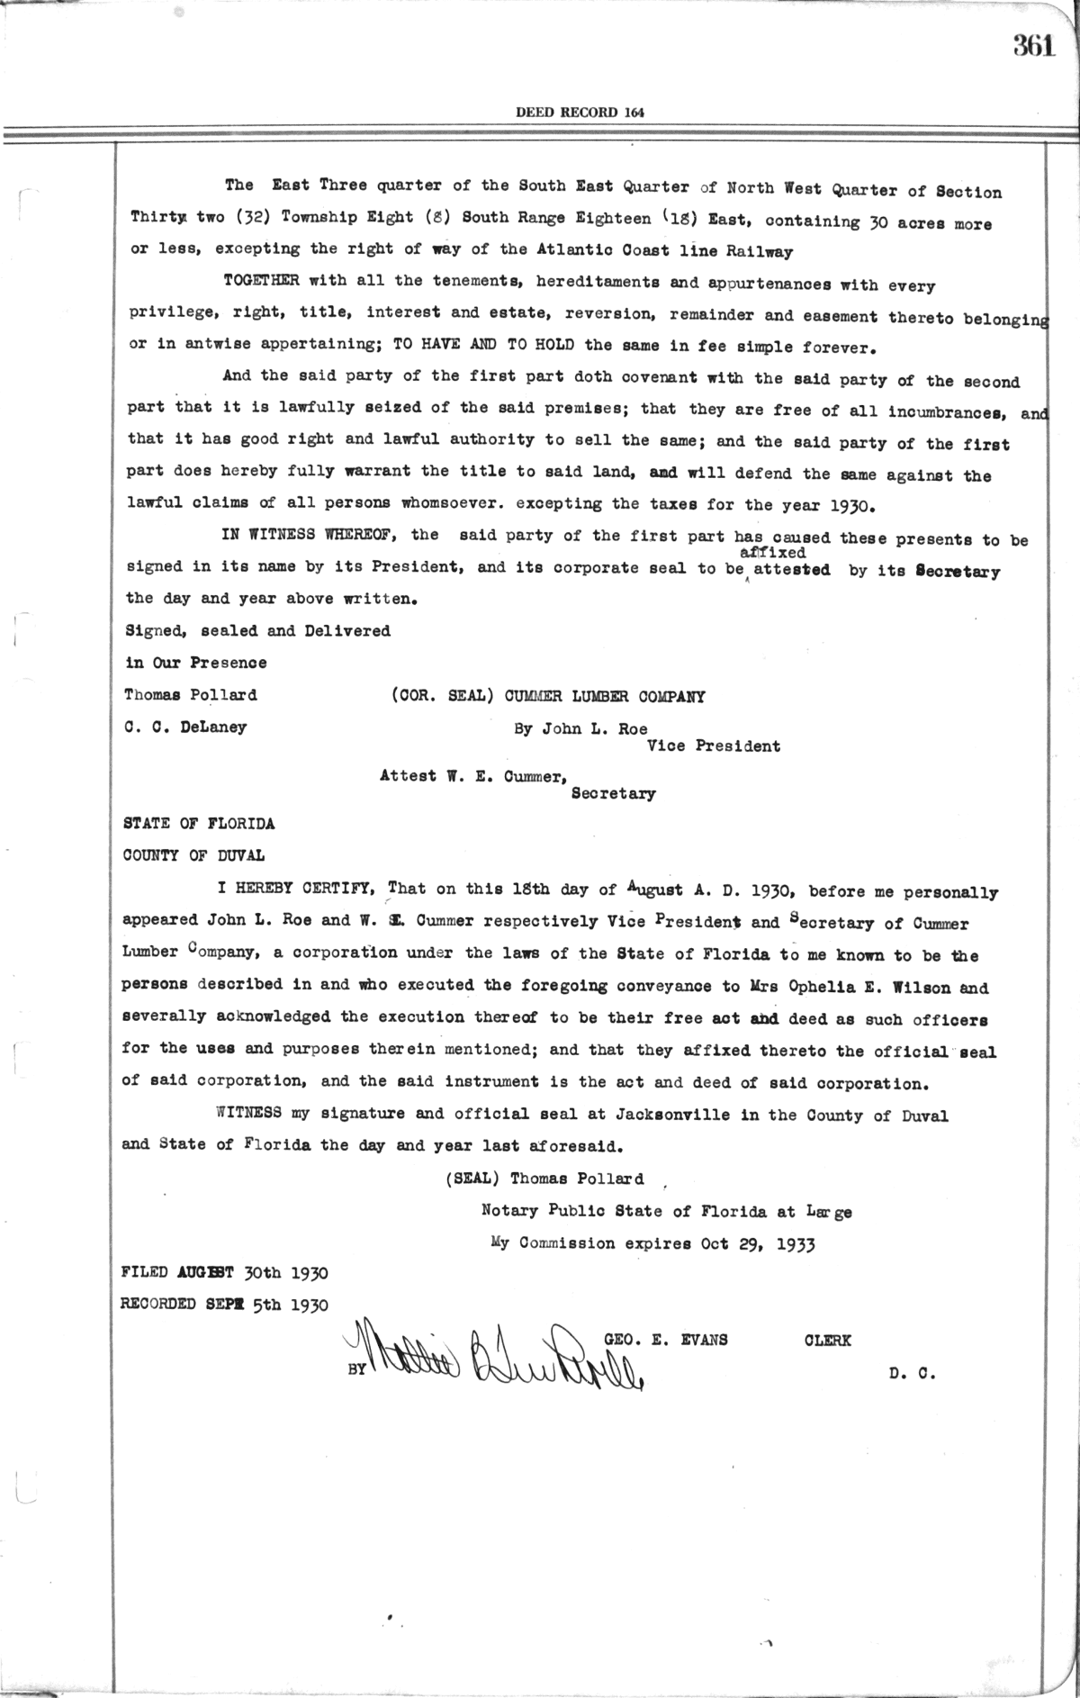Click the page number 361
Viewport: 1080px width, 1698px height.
point(1034,46)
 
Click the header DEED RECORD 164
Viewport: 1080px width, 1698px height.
point(580,113)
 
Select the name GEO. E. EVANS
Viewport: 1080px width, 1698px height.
point(666,1339)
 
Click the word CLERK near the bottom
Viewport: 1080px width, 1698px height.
point(827,1340)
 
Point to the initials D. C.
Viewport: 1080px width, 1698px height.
point(912,1375)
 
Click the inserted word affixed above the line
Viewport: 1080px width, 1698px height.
point(772,553)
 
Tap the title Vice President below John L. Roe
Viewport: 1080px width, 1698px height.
point(714,745)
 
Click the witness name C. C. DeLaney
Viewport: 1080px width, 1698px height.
point(185,727)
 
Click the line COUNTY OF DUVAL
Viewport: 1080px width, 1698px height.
point(193,855)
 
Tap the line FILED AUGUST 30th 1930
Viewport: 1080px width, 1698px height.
point(225,1273)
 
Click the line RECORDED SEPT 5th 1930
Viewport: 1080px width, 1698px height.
point(225,1305)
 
